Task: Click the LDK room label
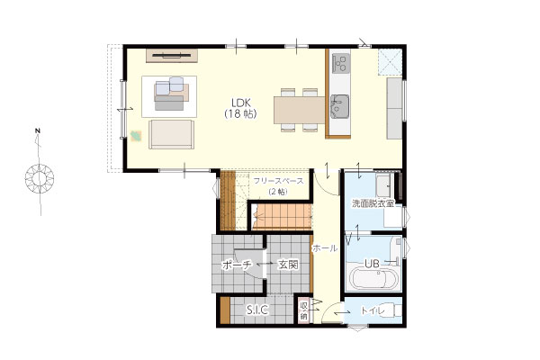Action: click(x=241, y=103)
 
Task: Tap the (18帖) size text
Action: click(x=241, y=113)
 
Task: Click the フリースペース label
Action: click(x=279, y=181)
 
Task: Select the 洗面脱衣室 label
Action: click(x=373, y=203)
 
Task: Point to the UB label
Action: click(x=373, y=264)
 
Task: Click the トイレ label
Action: click(x=373, y=310)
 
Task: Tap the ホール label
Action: click(x=325, y=247)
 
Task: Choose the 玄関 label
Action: click(x=288, y=265)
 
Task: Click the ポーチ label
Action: click(x=237, y=265)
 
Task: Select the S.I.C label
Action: click(x=257, y=310)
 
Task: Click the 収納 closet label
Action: click(x=303, y=311)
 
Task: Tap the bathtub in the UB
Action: click(x=373, y=280)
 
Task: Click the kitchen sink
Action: click(x=340, y=106)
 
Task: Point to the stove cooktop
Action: click(x=340, y=62)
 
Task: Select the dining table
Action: click(x=300, y=110)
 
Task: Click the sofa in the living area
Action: click(x=172, y=134)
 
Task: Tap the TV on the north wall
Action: click(x=172, y=55)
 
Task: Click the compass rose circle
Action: click(x=40, y=178)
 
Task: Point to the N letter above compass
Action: click(x=38, y=130)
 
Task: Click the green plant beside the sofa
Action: click(x=136, y=136)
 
